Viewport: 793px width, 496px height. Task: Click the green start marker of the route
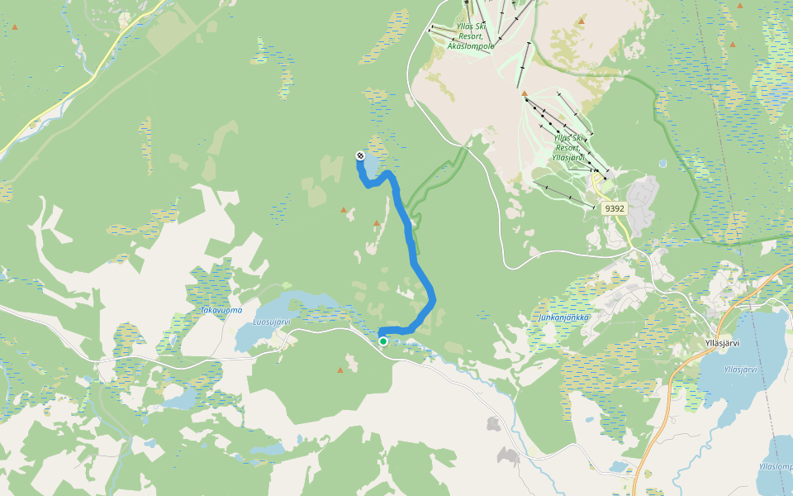click(383, 341)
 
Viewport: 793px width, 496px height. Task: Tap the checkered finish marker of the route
click(360, 155)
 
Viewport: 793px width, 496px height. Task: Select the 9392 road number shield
click(615, 208)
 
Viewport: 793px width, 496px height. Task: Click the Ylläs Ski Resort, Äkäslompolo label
click(470, 36)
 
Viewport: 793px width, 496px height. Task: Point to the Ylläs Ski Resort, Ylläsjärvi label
click(568, 147)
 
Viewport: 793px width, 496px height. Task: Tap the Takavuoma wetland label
click(221, 310)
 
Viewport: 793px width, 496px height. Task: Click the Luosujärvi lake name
click(272, 321)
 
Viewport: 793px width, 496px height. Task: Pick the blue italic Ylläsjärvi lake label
click(740, 370)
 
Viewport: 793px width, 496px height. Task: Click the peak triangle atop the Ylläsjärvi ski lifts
click(524, 93)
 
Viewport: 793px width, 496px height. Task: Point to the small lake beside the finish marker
click(369, 166)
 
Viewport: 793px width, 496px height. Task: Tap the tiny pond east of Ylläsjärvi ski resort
click(662, 164)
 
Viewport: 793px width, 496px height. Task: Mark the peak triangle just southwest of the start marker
click(340, 370)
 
